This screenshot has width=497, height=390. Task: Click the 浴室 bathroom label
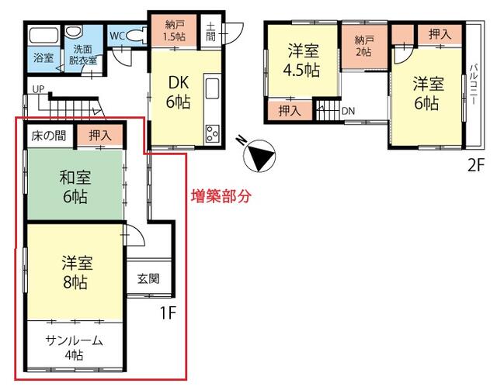[42, 57]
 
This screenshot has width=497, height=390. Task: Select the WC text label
[117, 35]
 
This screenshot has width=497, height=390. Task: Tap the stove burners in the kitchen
[212, 133]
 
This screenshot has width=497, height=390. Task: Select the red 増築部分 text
[222, 197]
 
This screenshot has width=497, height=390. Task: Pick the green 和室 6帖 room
[73, 186]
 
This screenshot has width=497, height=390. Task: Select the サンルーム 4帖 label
[74, 347]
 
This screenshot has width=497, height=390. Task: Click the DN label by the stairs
[348, 111]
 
